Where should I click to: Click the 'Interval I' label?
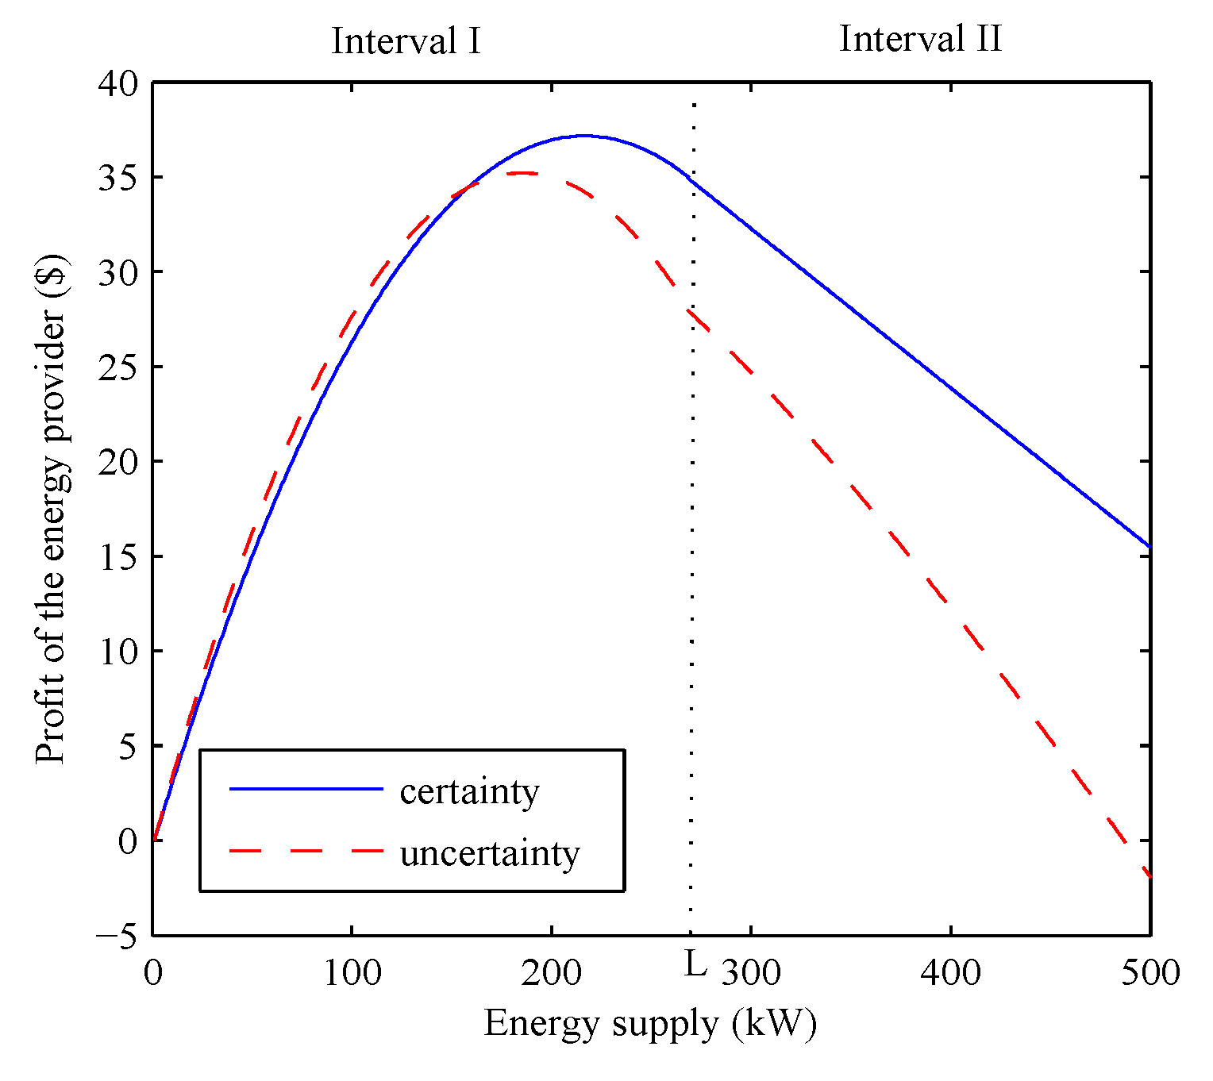(406, 41)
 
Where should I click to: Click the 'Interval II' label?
(920, 39)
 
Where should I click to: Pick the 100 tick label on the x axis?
(352, 972)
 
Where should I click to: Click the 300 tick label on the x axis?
(750, 972)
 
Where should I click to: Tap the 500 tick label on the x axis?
(1149, 972)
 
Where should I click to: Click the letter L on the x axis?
(695, 966)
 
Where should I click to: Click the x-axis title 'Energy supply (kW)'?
(650, 1023)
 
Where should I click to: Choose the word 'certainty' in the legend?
(469, 791)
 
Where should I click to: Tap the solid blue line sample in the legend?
(306, 789)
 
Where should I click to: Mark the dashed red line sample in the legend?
(306, 851)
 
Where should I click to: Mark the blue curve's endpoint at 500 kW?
(1149, 546)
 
